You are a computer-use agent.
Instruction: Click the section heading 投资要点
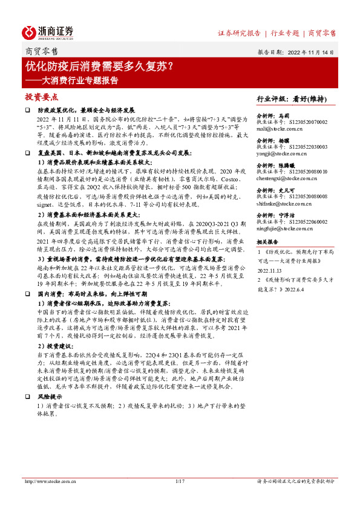pyautogui.click(x=41, y=97)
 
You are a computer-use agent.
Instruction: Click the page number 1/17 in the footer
pyautogui.click(x=179, y=481)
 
